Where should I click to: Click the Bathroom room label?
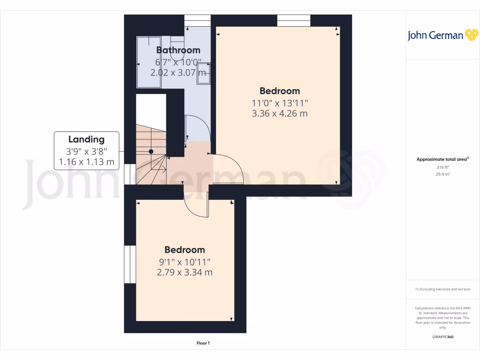click(178, 50)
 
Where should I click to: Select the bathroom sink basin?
click(203, 74)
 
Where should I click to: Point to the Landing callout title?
click(86, 139)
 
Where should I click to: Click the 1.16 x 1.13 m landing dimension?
click(86, 162)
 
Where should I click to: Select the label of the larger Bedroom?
click(280, 91)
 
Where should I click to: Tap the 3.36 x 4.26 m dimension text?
click(280, 113)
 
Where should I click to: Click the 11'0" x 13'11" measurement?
click(280, 103)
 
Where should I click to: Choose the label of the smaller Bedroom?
click(185, 250)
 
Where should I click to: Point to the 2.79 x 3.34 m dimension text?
click(185, 272)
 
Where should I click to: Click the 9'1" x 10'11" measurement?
click(185, 262)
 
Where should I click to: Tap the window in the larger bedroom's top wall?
click(294, 21)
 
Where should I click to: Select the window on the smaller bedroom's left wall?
click(130, 264)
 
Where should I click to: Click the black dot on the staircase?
click(151, 151)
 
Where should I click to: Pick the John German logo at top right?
click(442, 35)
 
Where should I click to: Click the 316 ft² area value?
click(442, 167)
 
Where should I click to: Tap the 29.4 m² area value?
click(442, 174)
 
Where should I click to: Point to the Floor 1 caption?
click(203, 344)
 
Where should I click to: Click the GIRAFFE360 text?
click(442, 337)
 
